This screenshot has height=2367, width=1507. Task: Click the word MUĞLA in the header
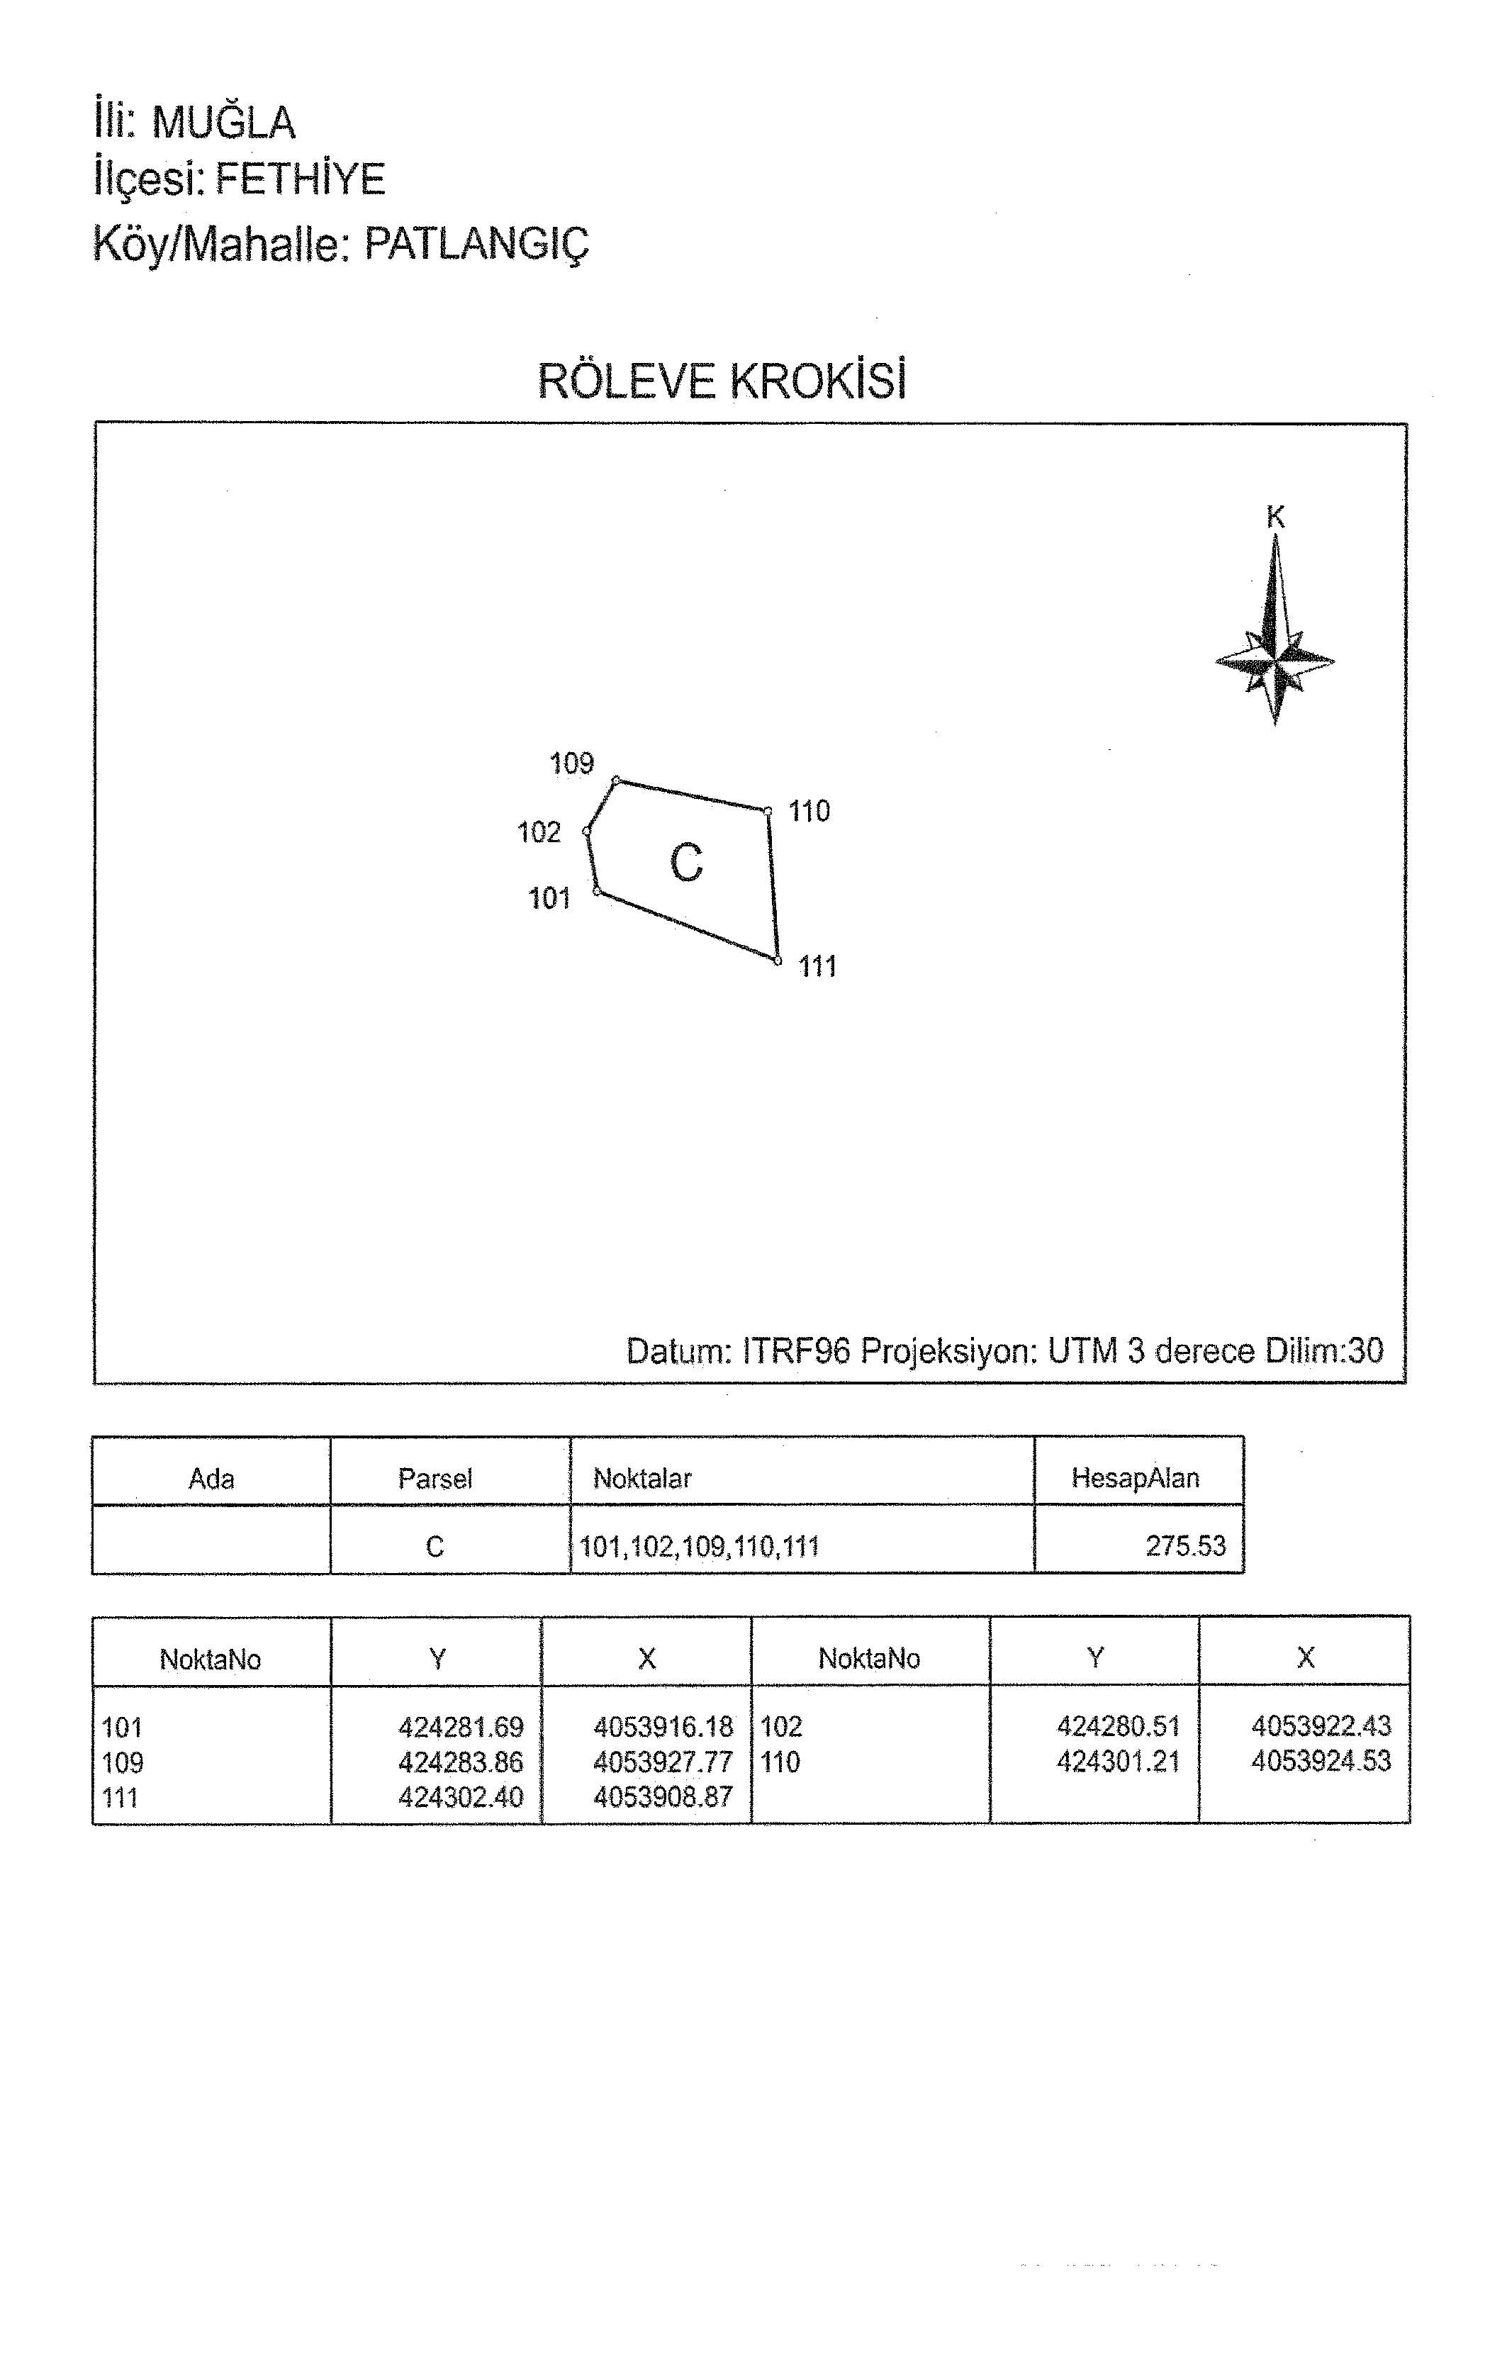(224, 122)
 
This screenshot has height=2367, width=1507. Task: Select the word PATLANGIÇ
(477, 242)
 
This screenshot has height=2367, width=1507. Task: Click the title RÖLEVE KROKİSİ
(722, 381)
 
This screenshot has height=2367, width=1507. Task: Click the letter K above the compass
(1276, 516)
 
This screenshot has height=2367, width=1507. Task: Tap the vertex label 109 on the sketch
(572, 763)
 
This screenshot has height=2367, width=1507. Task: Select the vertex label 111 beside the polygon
(818, 966)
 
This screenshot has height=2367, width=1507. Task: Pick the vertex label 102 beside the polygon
(539, 832)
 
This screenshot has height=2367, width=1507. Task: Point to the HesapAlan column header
(1136, 1477)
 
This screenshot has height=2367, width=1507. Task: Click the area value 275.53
(1186, 1546)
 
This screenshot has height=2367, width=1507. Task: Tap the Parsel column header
(435, 1478)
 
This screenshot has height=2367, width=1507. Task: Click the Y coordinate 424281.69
(461, 1727)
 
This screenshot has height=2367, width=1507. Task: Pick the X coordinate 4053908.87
(663, 1797)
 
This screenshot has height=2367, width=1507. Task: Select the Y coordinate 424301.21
(1119, 1762)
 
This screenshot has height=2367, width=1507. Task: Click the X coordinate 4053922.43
(1321, 1725)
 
